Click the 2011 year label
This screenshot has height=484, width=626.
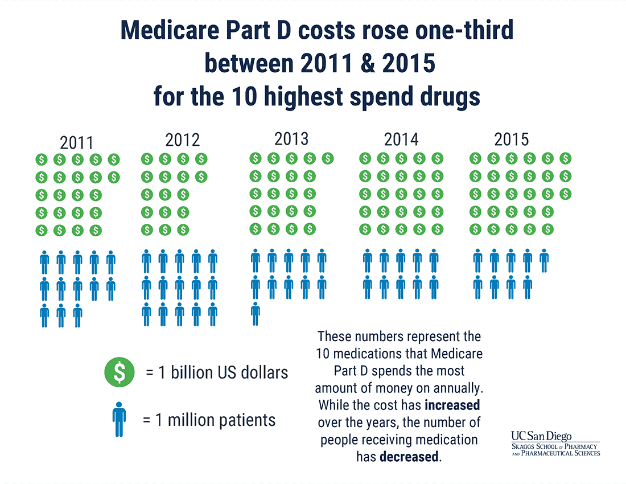[76, 142]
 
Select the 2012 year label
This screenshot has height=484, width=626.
[182, 140]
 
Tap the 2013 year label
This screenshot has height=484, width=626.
[291, 138]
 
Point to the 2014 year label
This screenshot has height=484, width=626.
[401, 140]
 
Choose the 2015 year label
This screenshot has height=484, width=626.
[512, 139]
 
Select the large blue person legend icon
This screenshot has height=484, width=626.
[119, 420]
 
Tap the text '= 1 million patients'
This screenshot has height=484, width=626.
[209, 420]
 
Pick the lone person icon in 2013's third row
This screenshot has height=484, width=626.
[256, 314]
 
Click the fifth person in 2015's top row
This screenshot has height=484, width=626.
[544, 260]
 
